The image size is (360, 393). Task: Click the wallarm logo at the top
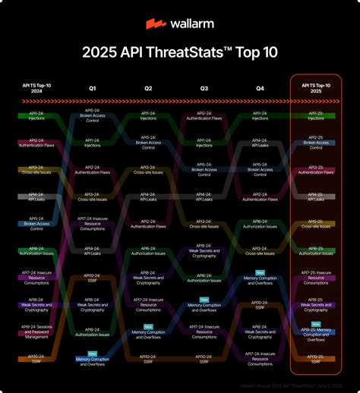[179, 24]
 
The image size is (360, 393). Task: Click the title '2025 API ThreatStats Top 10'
[179, 52]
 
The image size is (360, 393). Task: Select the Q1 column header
[93, 89]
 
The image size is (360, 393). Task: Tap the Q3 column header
[204, 89]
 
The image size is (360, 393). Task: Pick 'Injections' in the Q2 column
[149, 118]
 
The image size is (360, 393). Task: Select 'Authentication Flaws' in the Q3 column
[204, 118]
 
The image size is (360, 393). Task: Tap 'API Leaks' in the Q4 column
[261, 143]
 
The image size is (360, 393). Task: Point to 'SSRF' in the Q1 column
[93, 278]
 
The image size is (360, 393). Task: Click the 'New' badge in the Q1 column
[93, 352]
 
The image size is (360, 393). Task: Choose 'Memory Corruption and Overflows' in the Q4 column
[261, 281]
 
